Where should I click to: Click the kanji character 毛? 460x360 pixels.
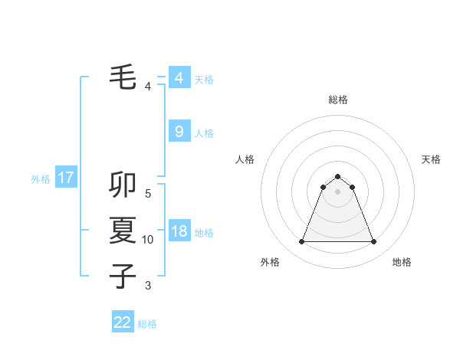(123, 77)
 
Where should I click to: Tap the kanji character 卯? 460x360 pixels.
(123, 184)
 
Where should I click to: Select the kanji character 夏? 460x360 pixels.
(123, 230)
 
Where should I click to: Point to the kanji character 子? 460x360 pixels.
(123, 276)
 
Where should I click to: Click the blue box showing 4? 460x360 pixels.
(179, 78)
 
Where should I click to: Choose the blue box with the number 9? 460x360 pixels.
(179, 132)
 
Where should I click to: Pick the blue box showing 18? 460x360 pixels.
(179, 231)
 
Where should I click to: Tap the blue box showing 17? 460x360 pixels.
(65, 178)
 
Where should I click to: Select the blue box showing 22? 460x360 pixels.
(123, 322)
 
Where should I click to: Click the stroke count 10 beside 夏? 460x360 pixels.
(148, 240)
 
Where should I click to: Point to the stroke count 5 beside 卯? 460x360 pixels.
(148, 193)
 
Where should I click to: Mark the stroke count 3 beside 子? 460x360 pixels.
(148, 286)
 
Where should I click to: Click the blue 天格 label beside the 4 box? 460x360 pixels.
(204, 80)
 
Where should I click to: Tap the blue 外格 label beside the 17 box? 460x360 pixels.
(41, 179)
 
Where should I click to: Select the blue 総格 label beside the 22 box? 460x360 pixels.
(147, 324)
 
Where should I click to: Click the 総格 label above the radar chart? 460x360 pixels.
(337, 100)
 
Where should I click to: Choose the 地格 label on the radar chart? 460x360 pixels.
(402, 262)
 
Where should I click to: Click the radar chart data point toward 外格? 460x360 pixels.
(301, 242)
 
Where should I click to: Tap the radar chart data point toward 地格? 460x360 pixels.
(373, 242)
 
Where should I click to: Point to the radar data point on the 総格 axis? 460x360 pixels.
(337, 176)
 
